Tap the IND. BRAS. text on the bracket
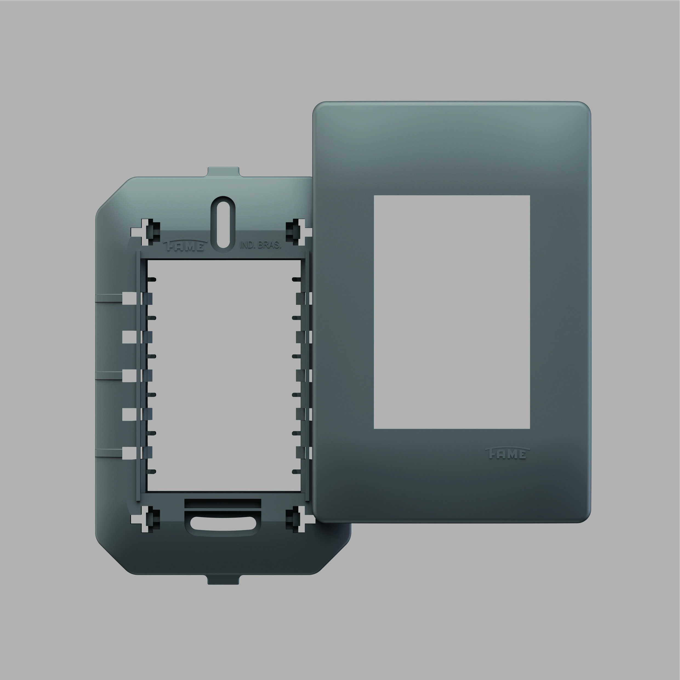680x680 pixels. click(260, 245)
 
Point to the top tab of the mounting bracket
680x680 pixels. click(223, 172)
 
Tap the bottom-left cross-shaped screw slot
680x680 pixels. click(145, 519)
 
